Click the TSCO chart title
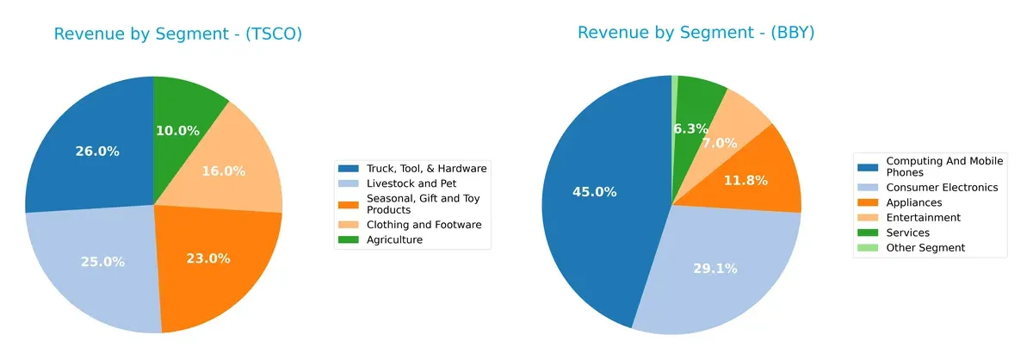point(177,34)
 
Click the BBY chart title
point(696,33)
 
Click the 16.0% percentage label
point(222,171)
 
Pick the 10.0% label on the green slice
point(177,131)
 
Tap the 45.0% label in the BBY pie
point(594,192)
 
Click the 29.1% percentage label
point(714,269)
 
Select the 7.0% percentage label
point(720,143)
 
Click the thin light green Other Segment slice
point(675,81)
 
